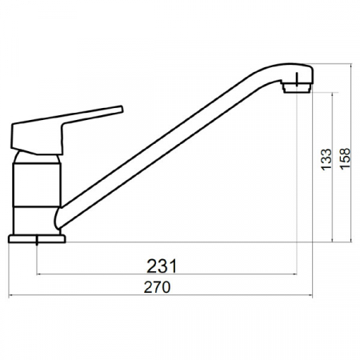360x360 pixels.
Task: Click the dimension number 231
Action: point(162,266)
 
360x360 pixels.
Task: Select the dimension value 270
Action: point(157,287)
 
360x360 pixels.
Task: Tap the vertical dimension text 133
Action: point(326,160)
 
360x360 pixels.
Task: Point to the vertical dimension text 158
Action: point(345,158)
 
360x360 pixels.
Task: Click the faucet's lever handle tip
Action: point(122,109)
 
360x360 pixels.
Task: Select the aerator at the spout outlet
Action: point(297,87)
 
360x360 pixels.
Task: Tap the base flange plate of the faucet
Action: point(37,239)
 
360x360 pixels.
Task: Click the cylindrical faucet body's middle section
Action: point(37,185)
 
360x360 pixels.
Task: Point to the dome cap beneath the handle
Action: point(37,158)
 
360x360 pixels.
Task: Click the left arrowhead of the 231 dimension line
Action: point(38,274)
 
